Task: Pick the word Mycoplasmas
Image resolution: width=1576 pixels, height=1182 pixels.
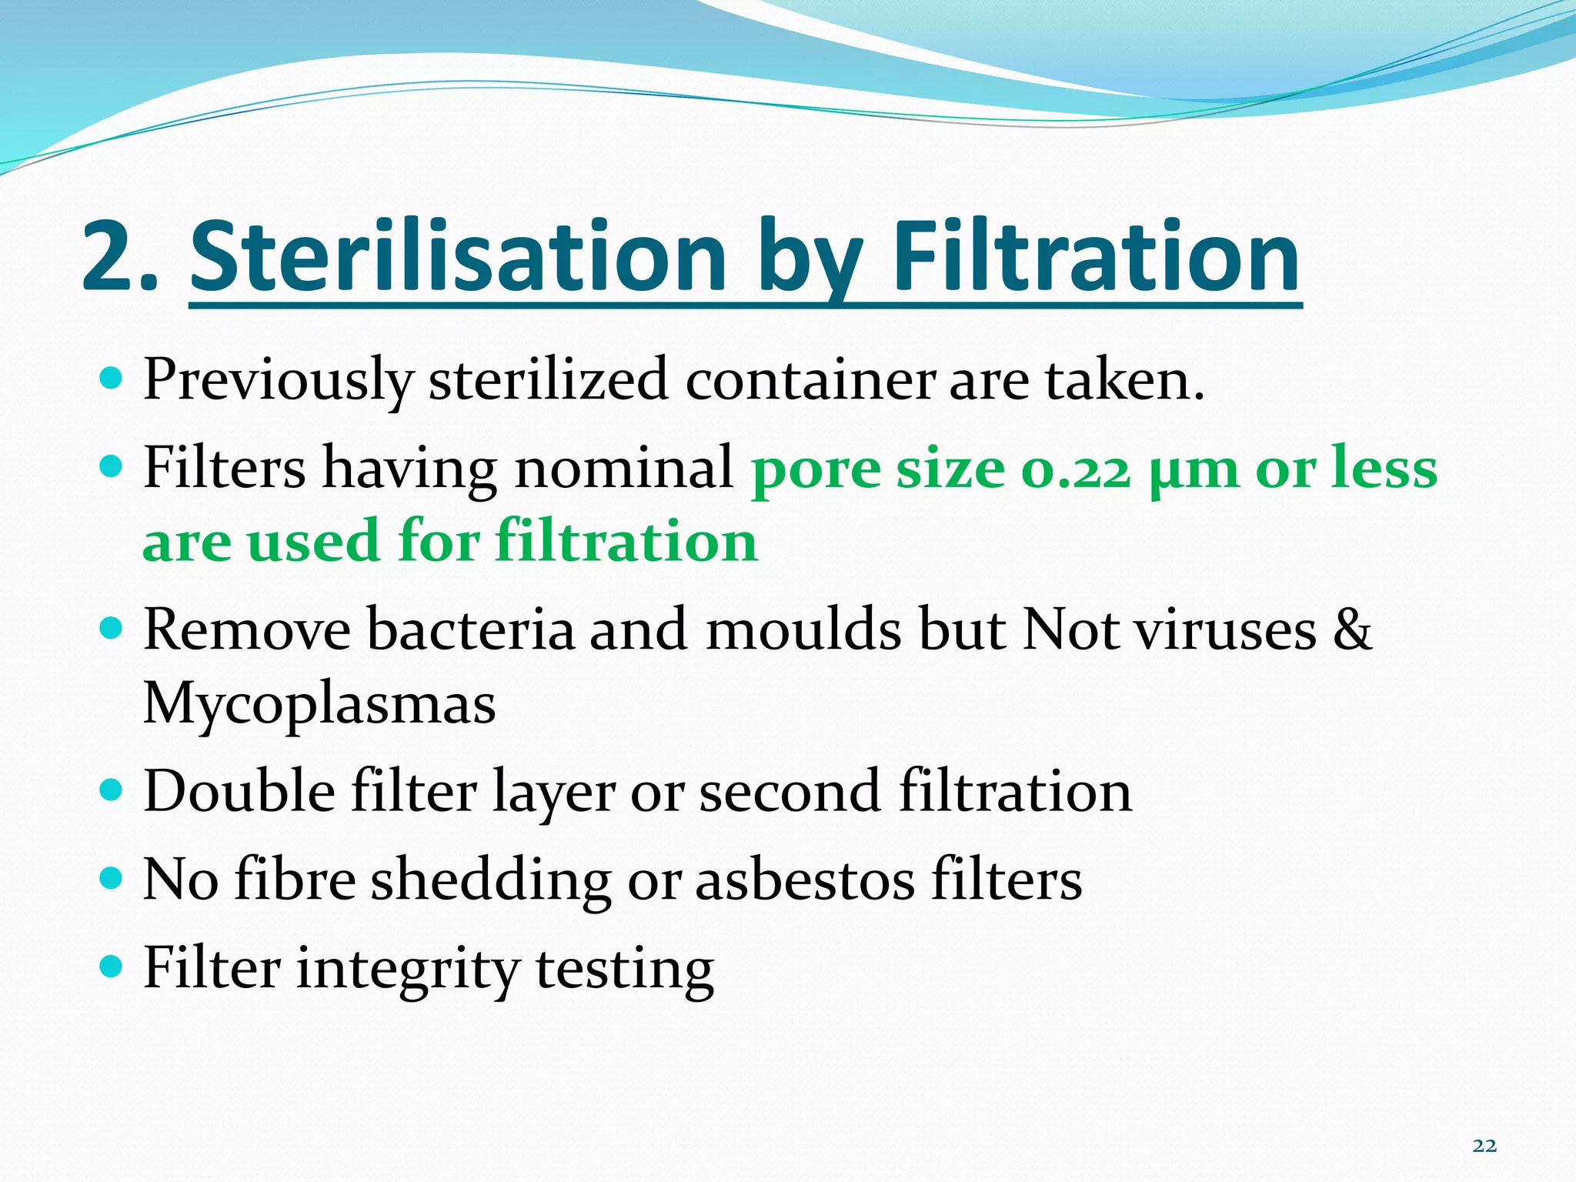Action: (x=319, y=704)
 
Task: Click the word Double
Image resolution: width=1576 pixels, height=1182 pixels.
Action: (x=239, y=792)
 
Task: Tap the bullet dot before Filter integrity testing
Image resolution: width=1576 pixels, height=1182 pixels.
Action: (x=112, y=965)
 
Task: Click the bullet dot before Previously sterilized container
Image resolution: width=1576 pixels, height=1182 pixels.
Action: (x=112, y=378)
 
